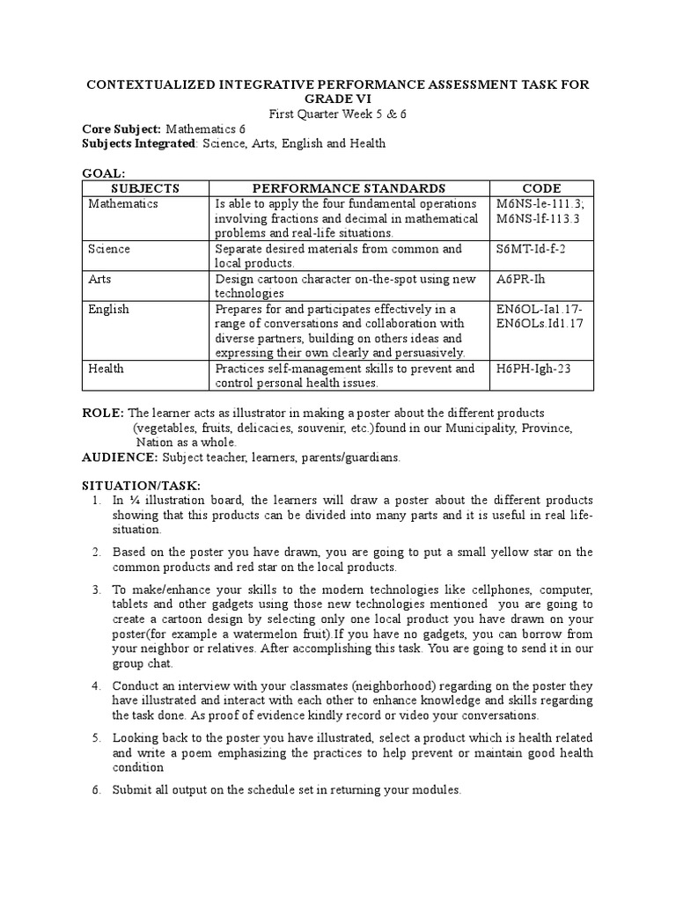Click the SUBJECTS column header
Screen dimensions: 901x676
146,188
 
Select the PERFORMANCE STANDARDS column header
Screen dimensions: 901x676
349,188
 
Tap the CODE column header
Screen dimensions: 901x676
541,188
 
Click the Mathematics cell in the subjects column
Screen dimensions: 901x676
123,203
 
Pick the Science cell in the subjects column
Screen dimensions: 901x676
109,249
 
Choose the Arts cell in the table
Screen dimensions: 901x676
99,279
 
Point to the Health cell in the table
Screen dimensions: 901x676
106,369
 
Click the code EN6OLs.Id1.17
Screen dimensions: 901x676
540,323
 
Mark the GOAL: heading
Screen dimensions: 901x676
104,174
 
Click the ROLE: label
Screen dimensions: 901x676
103,414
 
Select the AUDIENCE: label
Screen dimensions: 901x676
121,458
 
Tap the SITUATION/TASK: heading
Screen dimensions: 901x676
141,486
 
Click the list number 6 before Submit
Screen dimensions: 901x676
97,790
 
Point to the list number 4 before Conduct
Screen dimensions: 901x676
97,685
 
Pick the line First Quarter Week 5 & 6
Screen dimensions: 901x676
337,114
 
